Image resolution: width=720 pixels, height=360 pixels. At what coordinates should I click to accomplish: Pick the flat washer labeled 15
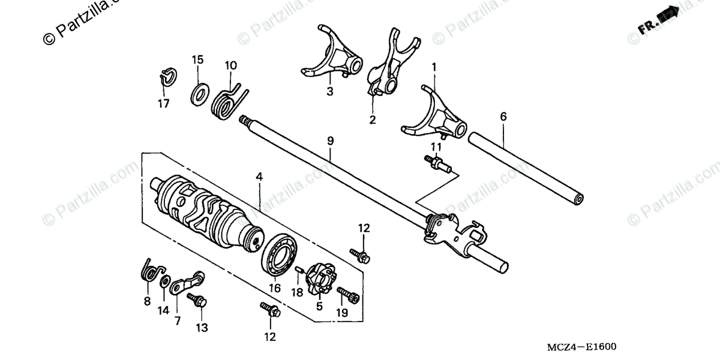coord(199,94)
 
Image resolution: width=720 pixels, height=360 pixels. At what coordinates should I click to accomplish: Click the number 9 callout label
coord(331,140)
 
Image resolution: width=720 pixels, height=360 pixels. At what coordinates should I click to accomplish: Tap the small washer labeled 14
coord(163,281)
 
